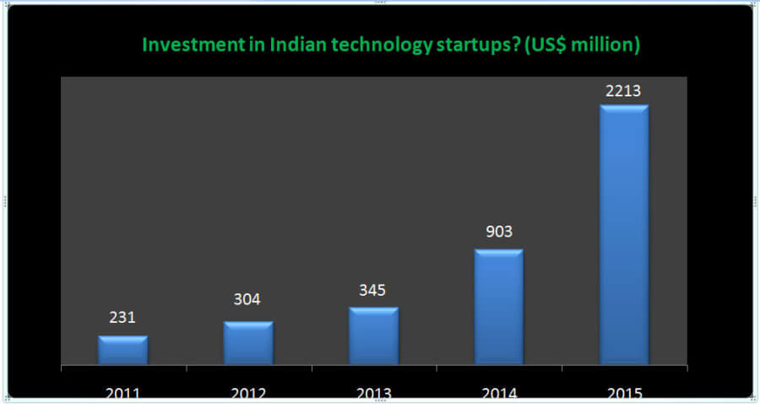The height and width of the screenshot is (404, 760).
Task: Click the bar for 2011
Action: coord(122,350)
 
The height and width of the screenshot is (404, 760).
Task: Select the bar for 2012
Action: coord(248,343)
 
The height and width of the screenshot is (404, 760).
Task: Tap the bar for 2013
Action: coord(373,336)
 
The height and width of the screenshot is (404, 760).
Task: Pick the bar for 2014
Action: coord(499,307)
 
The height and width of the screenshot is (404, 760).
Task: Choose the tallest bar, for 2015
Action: coord(624,235)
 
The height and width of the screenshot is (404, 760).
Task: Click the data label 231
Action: coord(122,318)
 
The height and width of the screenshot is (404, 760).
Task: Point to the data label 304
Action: coord(248,299)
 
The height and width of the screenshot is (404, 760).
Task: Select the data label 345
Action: coord(372,290)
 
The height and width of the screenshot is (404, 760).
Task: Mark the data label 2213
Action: coord(624,88)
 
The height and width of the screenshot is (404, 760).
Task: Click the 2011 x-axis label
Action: coord(122,393)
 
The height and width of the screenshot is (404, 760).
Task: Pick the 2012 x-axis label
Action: coord(248,393)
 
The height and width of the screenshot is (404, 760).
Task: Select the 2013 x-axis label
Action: coord(373,393)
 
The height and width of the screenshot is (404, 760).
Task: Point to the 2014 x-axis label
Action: coord(499,393)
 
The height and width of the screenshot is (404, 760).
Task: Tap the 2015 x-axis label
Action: coord(624,393)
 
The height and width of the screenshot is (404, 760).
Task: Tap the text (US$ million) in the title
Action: coord(582,45)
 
